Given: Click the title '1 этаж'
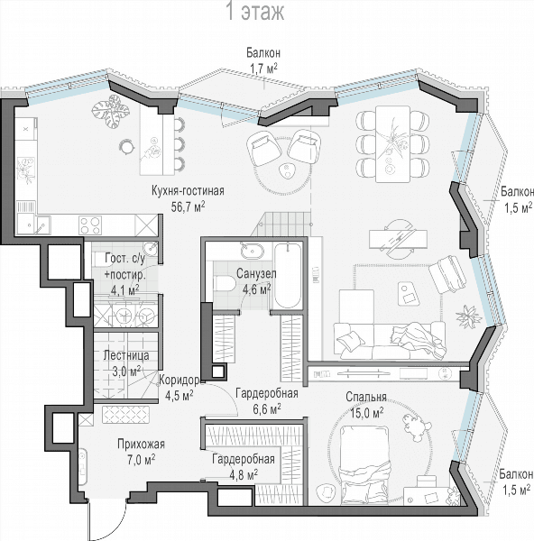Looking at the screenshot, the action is click(x=255, y=12).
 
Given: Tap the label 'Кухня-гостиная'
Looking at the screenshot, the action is click(x=188, y=190).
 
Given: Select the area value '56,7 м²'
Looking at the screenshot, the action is click(x=189, y=206).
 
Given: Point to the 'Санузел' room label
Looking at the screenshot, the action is click(x=256, y=273).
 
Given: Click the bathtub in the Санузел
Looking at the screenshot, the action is click(x=288, y=275).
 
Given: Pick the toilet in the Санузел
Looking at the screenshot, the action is click(x=225, y=284).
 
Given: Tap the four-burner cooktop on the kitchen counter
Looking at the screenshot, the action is click(x=90, y=225).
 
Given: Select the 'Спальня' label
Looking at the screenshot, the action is click(x=366, y=397).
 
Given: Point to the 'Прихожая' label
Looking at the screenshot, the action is click(x=141, y=444).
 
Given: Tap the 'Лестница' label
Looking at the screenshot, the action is click(x=126, y=355).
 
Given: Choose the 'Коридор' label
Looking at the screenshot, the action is click(x=180, y=380).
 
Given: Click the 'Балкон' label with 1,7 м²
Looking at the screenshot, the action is click(x=263, y=53).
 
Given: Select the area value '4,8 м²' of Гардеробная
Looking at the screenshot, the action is click(x=244, y=474).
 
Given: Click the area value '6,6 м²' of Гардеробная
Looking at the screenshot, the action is click(x=267, y=408).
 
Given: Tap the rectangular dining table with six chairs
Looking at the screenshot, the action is click(x=392, y=144).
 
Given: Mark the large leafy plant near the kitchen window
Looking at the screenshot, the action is click(x=111, y=111).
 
